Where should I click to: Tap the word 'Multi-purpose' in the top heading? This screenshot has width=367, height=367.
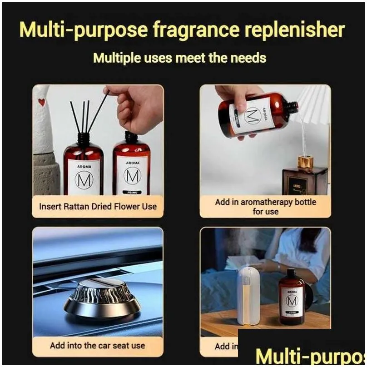point(74,30)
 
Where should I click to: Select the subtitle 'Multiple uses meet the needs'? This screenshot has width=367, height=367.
point(179,58)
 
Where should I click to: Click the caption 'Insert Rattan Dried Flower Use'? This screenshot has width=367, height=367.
point(98,206)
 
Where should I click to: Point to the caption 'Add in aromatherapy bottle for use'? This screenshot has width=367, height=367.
point(265,207)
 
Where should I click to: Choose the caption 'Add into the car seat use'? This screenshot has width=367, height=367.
point(97,345)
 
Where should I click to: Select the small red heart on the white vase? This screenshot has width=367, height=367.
point(42,102)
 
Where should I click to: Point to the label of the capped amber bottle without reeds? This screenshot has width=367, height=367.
point(132,175)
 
